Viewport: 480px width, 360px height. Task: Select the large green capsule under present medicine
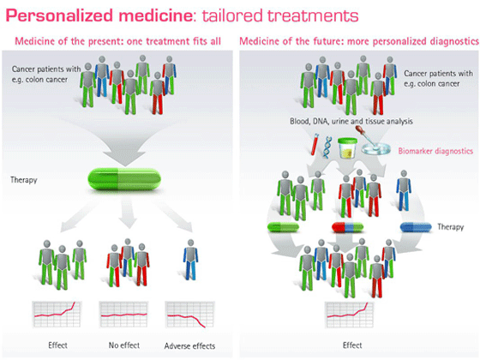coord(119,181)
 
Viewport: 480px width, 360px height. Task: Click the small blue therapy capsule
coord(418,227)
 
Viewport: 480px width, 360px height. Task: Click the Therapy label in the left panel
coord(23,181)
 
